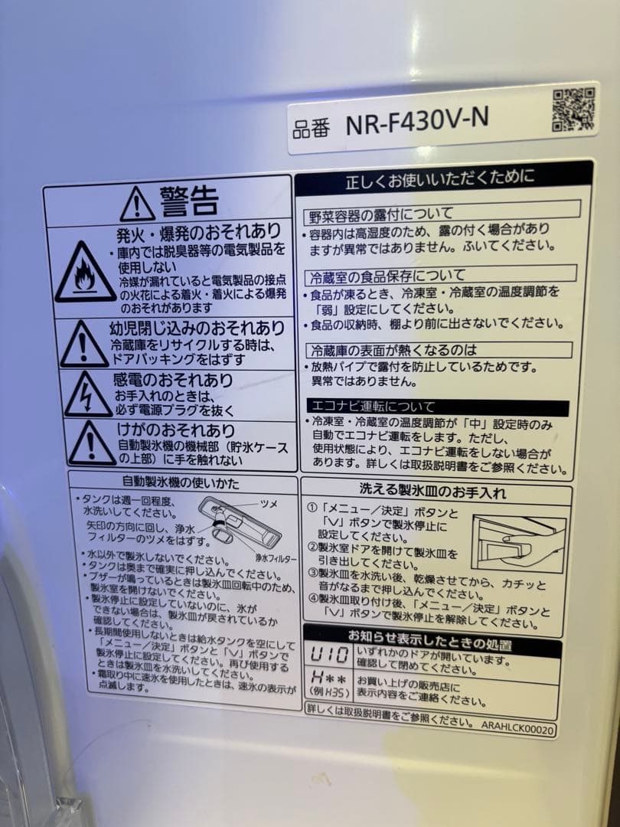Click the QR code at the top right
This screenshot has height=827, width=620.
pos(573,109)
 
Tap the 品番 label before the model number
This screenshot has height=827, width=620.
pos(311,127)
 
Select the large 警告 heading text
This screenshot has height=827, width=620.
pos(189,201)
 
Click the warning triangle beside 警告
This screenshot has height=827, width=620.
pos(137,203)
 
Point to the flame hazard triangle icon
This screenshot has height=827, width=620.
pos(84,272)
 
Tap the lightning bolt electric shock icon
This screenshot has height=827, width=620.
pos(86,394)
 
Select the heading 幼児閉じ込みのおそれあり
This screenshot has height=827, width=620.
pos(197,329)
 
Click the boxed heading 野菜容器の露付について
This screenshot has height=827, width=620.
pos(381,213)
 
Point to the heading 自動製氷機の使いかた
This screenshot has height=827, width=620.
pos(181,483)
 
